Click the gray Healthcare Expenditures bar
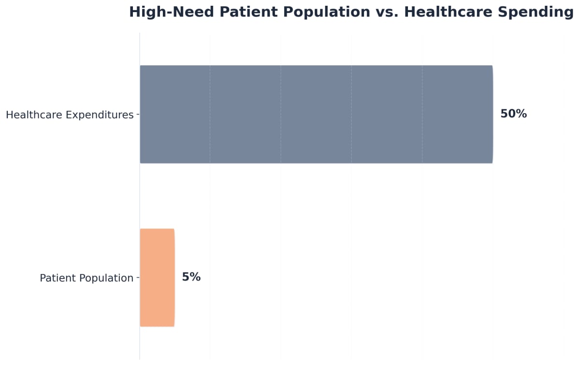316,115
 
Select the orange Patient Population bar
157,277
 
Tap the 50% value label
513,114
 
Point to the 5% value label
191,277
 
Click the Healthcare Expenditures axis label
70,115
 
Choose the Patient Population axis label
87,278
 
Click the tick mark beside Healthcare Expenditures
138,115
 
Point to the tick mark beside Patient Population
138,277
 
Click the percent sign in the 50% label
521,114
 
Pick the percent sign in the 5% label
195,277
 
